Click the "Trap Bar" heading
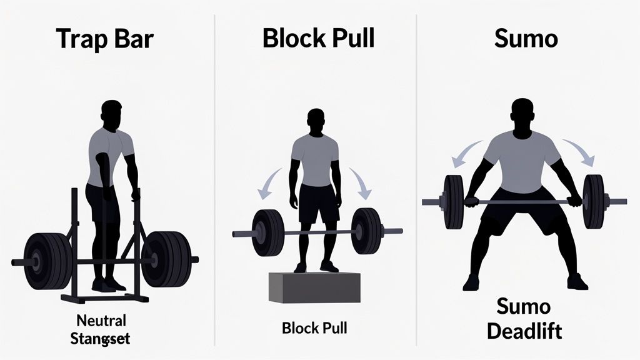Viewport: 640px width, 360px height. [x=104, y=39]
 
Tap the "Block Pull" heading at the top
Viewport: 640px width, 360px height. [x=318, y=39]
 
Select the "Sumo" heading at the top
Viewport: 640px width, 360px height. [x=526, y=39]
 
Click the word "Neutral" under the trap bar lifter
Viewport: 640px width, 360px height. [x=101, y=321]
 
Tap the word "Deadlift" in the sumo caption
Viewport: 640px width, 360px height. [x=524, y=331]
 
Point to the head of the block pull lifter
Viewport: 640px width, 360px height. [x=316, y=122]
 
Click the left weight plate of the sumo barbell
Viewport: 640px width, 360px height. [x=454, y=201]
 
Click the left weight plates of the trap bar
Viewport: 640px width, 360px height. [x=48, y=259]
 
